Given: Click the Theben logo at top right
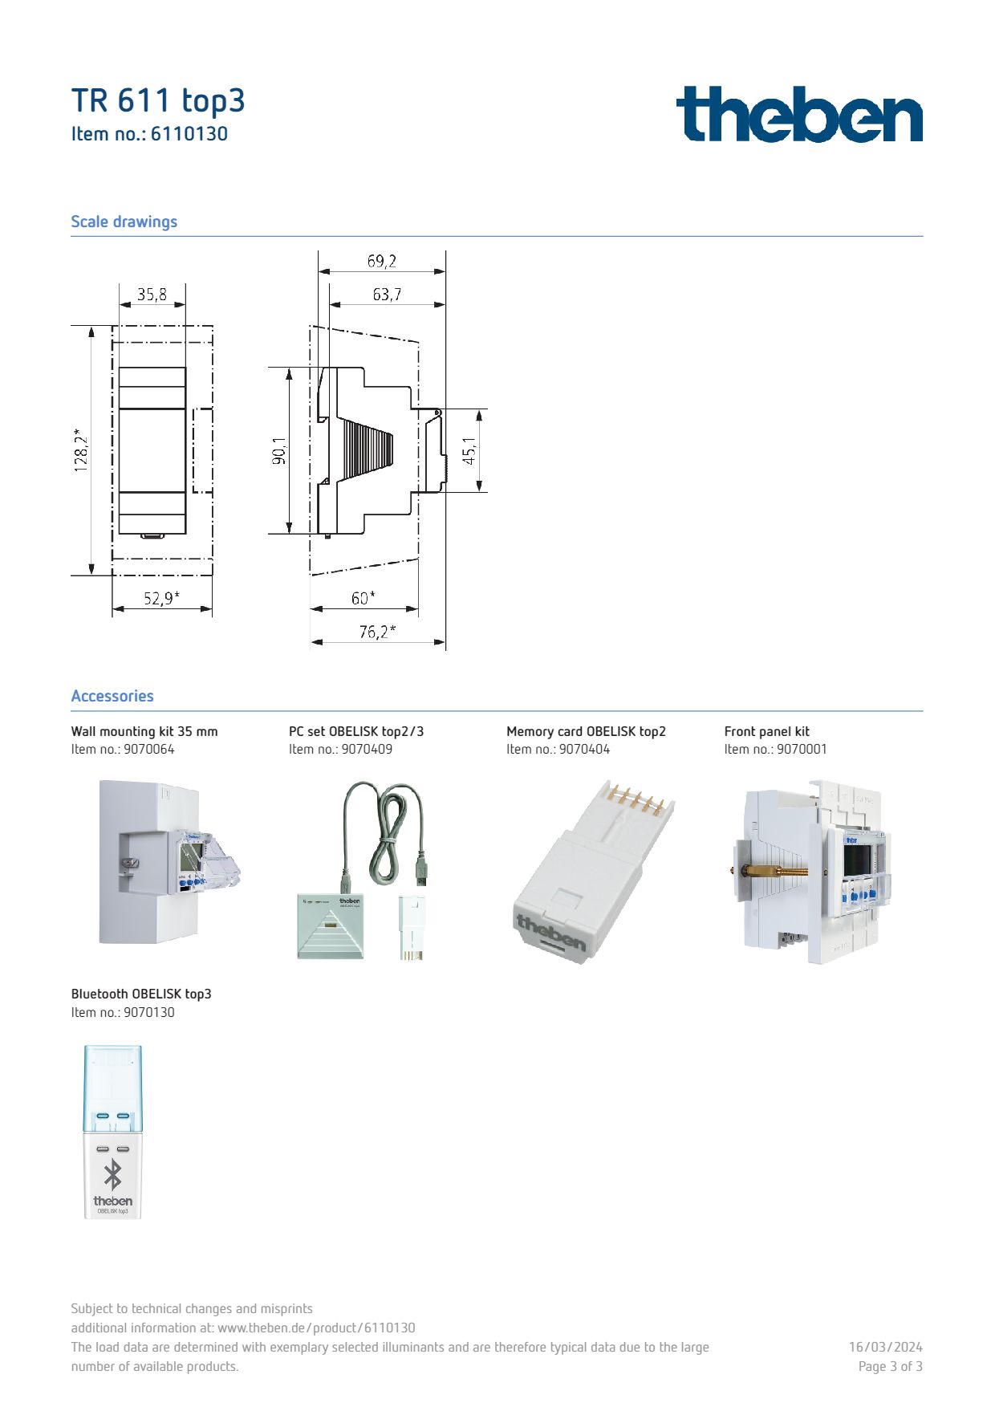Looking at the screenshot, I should point(799,114).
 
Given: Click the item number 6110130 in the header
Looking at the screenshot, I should point(189,134).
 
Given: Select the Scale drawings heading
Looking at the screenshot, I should point(124,222).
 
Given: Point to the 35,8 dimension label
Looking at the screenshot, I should point(152,295).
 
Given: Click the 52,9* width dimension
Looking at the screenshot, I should point(161,598).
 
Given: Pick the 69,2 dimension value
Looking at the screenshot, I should point(382,261).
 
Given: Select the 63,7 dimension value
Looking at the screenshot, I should point(387,295).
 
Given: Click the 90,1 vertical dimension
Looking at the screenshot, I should point(278,450).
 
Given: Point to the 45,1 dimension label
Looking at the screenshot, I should point(469,450).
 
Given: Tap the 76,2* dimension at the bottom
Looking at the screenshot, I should point(377,632).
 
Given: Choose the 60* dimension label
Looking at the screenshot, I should point(363,598).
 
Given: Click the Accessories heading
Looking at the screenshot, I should point(112,696).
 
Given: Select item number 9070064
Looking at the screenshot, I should point(149,749).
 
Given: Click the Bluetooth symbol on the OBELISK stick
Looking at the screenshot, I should point(113,1175).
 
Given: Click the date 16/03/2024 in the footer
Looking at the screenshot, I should point(885,1347).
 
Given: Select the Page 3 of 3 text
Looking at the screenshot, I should point(890,1366).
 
